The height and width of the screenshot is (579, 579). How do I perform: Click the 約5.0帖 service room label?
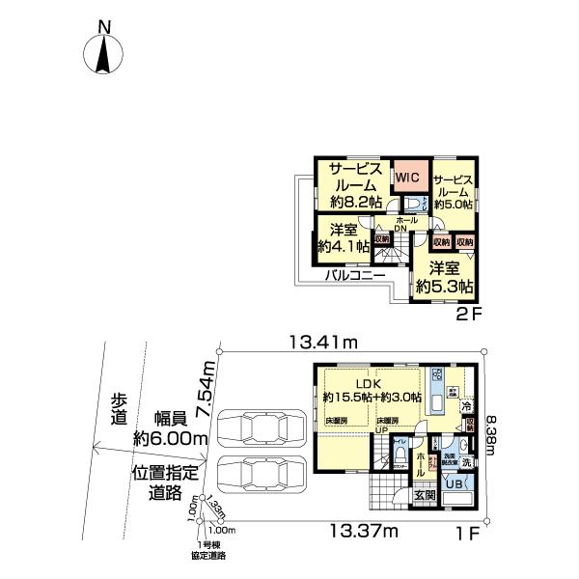point(453,192)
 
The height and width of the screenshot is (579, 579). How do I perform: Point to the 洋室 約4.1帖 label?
point(344,237)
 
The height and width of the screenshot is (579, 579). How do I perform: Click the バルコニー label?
point(354,275)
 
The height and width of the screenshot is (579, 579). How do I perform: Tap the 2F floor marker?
point(467,315)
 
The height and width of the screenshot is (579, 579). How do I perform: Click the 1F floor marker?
point(467,531)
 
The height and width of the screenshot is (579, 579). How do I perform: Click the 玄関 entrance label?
point(426,495)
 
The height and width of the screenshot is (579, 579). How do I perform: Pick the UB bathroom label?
point(453,484)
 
